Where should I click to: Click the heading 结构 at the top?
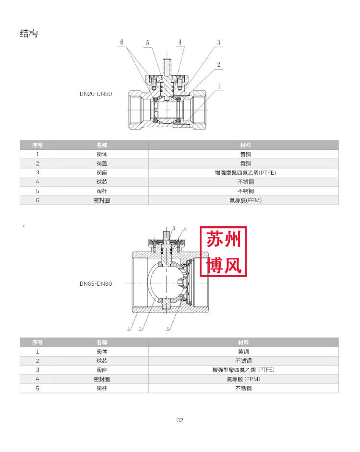pos(29,34)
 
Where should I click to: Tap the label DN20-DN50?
pos(96,94)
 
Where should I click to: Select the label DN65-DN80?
pos(96,284)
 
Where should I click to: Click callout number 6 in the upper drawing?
pos(121,42)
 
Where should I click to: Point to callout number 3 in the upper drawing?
pos(218,43)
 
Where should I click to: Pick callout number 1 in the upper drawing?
pos(219,86)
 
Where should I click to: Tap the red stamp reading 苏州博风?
pos(223,252)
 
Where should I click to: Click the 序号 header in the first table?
pos(37,145)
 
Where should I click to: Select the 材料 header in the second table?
pos(243,342)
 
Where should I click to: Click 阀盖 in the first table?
pos(102,163)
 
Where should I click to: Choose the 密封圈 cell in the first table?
pos(102,200)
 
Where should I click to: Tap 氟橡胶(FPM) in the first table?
pos(246,200)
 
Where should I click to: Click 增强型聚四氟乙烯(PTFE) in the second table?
pos(243,370)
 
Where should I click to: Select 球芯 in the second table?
pos(102,361)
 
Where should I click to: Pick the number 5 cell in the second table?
pos(37,388)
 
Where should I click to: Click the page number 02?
pos(180,420)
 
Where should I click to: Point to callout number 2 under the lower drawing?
pos(140,329)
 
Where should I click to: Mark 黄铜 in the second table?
pos(243,352)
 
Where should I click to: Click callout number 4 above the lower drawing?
pos(185,228)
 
